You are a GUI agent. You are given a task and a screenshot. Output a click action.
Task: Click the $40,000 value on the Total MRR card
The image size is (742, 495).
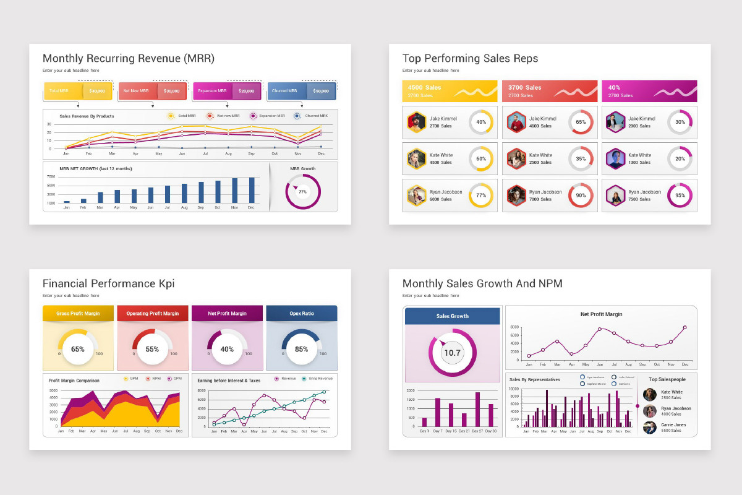97,91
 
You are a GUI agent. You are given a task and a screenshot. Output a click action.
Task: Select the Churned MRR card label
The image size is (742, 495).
284,91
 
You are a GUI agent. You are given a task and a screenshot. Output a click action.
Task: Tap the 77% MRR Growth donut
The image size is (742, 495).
302,192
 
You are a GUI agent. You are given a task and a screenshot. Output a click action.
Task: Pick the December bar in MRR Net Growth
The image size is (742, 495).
252,190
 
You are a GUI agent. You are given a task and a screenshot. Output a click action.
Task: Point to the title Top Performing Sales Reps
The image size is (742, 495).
470,59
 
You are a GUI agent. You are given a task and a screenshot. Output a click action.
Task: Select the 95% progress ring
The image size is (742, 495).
680,196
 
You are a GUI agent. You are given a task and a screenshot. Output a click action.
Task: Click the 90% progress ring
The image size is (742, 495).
581,196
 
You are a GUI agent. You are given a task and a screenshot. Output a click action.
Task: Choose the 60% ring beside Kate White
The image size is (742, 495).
481,158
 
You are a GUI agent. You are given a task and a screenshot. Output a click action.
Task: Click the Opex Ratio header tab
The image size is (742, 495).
302,314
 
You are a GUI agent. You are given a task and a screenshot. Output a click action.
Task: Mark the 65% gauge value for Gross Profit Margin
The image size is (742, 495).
78,349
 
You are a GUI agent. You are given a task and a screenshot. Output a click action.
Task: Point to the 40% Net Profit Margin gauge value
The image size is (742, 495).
227,349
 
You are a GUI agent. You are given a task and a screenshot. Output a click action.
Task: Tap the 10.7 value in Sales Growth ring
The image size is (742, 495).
452,353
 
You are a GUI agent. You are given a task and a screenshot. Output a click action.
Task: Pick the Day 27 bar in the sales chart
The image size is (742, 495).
477,410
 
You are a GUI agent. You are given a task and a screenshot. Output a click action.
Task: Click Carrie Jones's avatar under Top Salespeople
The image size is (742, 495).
650,428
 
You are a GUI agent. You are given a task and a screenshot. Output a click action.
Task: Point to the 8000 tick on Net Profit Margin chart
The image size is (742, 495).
514,327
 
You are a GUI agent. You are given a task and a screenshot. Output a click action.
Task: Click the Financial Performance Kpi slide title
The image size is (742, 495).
108,284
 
